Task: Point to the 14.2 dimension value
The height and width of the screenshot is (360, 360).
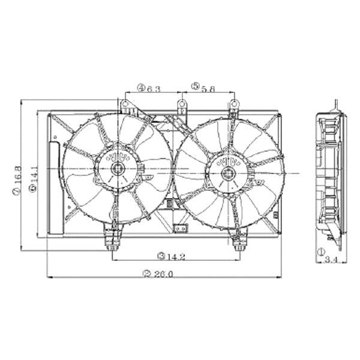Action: click(x=175, y=256)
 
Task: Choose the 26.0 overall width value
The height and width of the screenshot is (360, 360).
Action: click(x=162, y=274)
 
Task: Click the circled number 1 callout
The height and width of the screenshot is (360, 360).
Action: click(x=320, y=251)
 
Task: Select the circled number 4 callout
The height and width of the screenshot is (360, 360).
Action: click(x=140, y=89)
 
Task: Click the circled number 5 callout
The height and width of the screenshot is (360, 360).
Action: click(x=195, y=89)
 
